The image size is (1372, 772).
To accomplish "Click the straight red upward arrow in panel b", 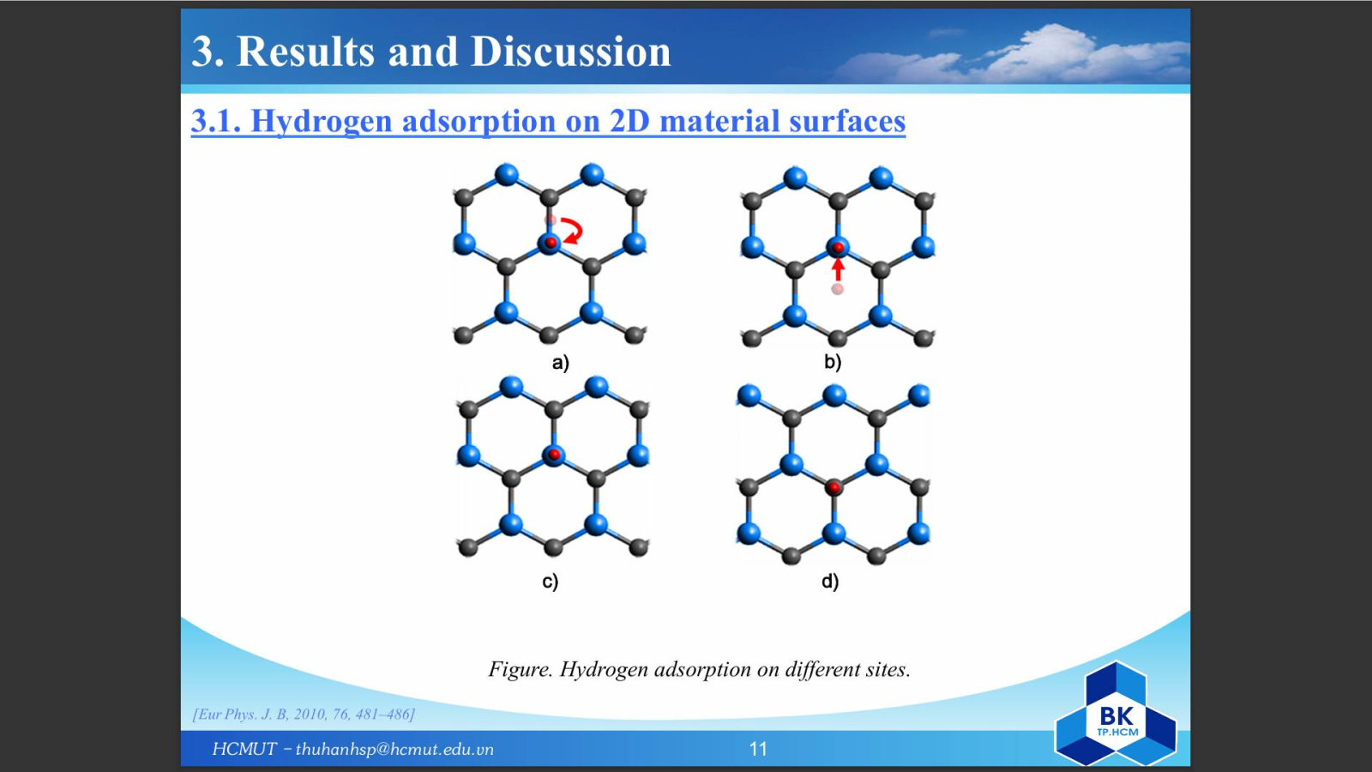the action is coord(838,269).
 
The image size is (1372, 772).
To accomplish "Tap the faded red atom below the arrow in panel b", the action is coord(837,288).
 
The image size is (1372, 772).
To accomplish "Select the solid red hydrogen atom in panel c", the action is coord(554,454).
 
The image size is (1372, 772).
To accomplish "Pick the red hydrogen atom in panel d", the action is coord(833,488).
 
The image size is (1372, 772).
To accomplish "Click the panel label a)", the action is coord(561,363).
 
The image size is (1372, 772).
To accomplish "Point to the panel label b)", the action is coord(833,362).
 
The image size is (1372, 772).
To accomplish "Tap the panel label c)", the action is coord(550,581).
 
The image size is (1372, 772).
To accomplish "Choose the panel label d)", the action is coord(830,580).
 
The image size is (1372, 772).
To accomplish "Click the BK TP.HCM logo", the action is coord(1116,715).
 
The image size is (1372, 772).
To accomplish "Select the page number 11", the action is coord(758,749).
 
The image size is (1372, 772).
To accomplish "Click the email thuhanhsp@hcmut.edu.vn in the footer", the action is coord(394,750).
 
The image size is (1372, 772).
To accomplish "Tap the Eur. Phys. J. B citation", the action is coord(304,715).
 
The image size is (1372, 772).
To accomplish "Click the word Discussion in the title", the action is coord(571,51).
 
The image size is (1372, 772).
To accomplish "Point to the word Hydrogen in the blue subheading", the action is coord(322,121).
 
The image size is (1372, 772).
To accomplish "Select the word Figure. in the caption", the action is coord(521,669).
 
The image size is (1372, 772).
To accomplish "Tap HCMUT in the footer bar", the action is coord(244,749).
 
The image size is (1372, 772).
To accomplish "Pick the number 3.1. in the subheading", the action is coord(216,120).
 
